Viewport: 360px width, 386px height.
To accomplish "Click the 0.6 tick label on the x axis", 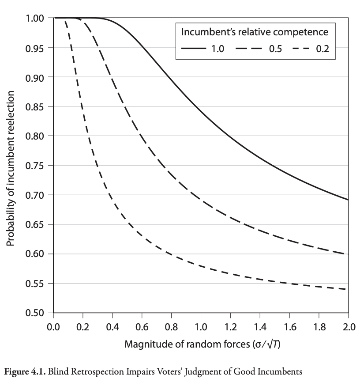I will coord(142,327).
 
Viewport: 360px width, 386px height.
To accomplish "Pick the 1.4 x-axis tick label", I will coord(260,327).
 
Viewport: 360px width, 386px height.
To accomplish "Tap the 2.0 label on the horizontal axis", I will coord(348,327).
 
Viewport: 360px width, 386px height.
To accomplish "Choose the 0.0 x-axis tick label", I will coord(53,327).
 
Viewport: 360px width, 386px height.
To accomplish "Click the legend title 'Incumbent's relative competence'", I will coord(255,32).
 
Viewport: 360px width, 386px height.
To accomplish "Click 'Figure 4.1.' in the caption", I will coord(22,372).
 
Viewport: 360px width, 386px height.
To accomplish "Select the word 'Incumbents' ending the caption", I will coord(281,372).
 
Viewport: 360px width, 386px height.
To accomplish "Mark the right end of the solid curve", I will coord(348,200).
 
